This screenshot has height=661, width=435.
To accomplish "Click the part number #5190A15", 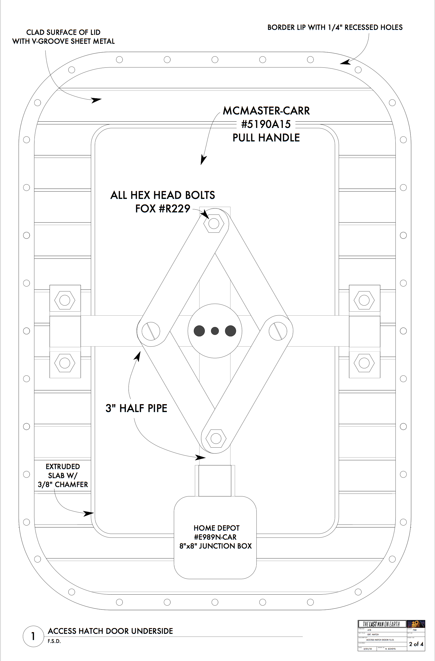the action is click(x=266, y=124).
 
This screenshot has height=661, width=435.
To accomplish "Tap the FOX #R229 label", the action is click(x=163, y=209).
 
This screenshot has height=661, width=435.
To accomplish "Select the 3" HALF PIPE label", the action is click(x=136, y=408).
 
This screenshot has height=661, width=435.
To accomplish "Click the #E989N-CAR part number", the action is click(x=215, y=537).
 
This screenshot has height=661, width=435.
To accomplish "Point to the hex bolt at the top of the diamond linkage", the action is click(x=214, y=223).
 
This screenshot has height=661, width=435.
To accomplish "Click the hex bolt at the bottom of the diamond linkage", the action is click(x=216, y=438).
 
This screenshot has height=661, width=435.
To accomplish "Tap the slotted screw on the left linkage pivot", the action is click(x=151, y=331).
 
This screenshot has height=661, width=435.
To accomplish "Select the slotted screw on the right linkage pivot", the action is click(x=278, y=331).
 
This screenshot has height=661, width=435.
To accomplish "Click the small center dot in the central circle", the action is click(x=215, y=331).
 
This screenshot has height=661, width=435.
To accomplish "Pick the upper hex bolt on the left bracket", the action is click(x=65, y=300).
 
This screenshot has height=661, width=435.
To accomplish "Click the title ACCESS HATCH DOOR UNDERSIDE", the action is click(x=110, y=631).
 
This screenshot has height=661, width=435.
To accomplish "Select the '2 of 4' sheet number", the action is click(x=416, y=644).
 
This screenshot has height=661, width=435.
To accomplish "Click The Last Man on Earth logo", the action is click(x=381, y=624).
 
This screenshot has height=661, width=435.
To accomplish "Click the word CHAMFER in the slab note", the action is click(x=71, y=485).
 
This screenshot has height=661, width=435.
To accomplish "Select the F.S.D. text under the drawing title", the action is click(x=54, y=641).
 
